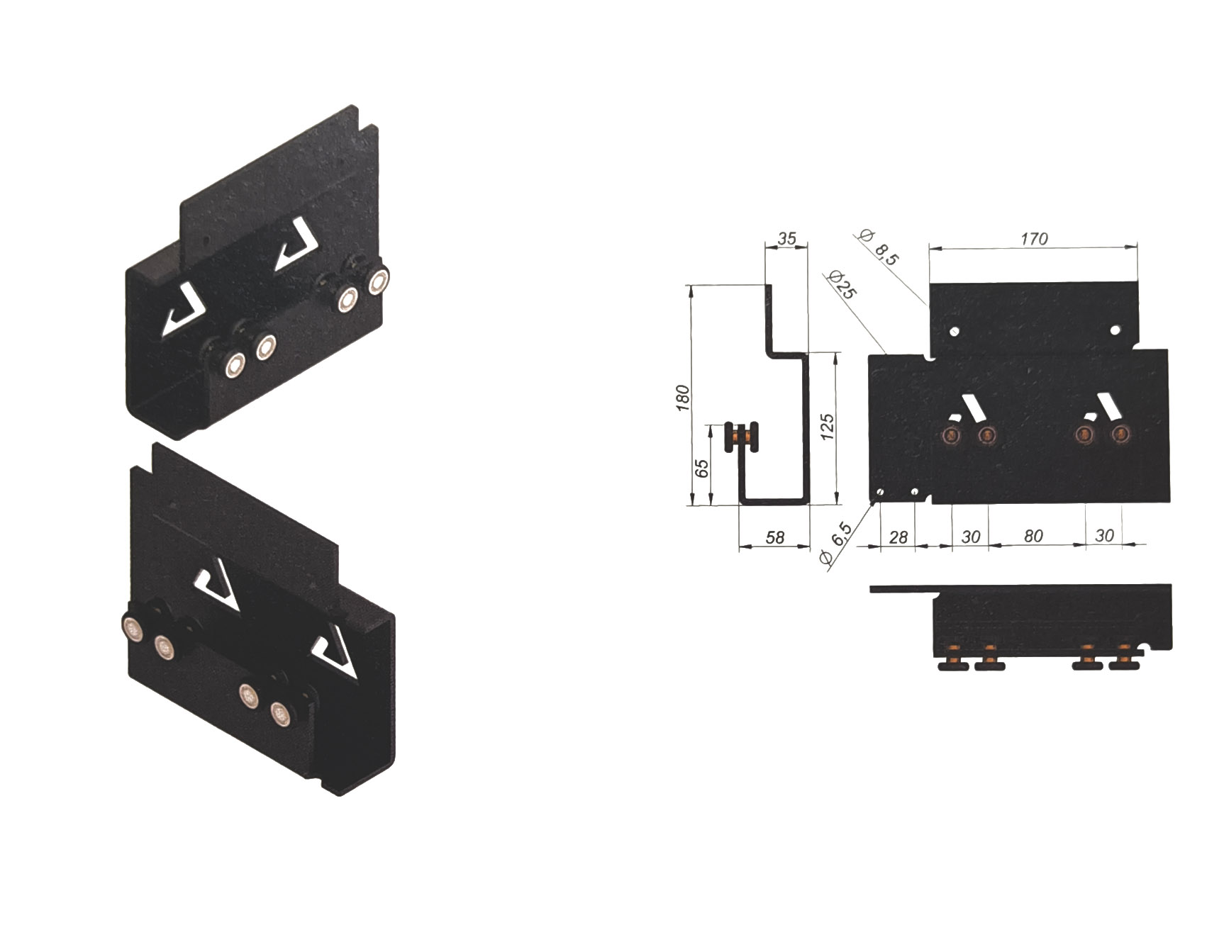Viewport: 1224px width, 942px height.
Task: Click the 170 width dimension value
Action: pyautogui.click(x=1034, y=239)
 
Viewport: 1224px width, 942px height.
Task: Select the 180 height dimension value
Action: pyautogui.click(x=683, y=398)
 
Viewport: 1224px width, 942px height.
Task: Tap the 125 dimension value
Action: pyautogui.click(x=827, y=427)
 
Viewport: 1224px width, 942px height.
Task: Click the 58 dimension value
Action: pyautogui.click(x=775, y=538)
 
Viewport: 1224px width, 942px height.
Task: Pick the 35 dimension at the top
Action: pyautogui.click(x=786, y=239)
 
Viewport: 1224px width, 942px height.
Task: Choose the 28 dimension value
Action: pyautogui.click(x=898, y=538)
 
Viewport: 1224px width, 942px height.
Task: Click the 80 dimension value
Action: pyautogui.click(x=1033, y=536)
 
